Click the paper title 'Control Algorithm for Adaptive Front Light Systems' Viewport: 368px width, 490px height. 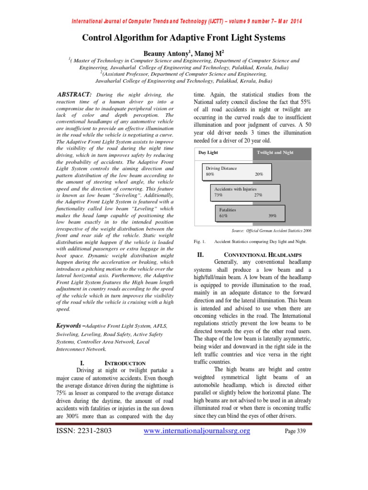184,37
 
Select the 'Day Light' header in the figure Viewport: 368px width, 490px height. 208,153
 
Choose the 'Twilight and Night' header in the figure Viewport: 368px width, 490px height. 275,153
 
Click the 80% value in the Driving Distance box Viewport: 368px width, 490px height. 210,175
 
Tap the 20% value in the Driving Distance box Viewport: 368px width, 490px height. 259,175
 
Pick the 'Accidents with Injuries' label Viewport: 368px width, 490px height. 235,189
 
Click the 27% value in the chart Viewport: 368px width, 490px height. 258,195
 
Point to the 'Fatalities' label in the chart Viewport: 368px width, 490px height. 228,210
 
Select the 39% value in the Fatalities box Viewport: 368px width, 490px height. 272,216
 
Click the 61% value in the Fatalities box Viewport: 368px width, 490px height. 223,216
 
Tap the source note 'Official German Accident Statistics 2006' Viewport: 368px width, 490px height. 271,231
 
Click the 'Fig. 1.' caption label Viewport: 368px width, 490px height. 199,242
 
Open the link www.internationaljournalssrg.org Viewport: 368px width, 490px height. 197,431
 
